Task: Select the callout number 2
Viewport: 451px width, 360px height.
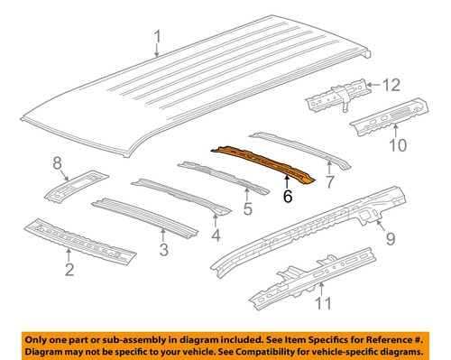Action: coord(69,269)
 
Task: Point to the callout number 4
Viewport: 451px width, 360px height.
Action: coord(216,236)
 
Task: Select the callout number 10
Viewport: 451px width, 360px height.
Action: coord(398,143)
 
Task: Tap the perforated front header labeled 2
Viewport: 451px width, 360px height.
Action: coord(81,239)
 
